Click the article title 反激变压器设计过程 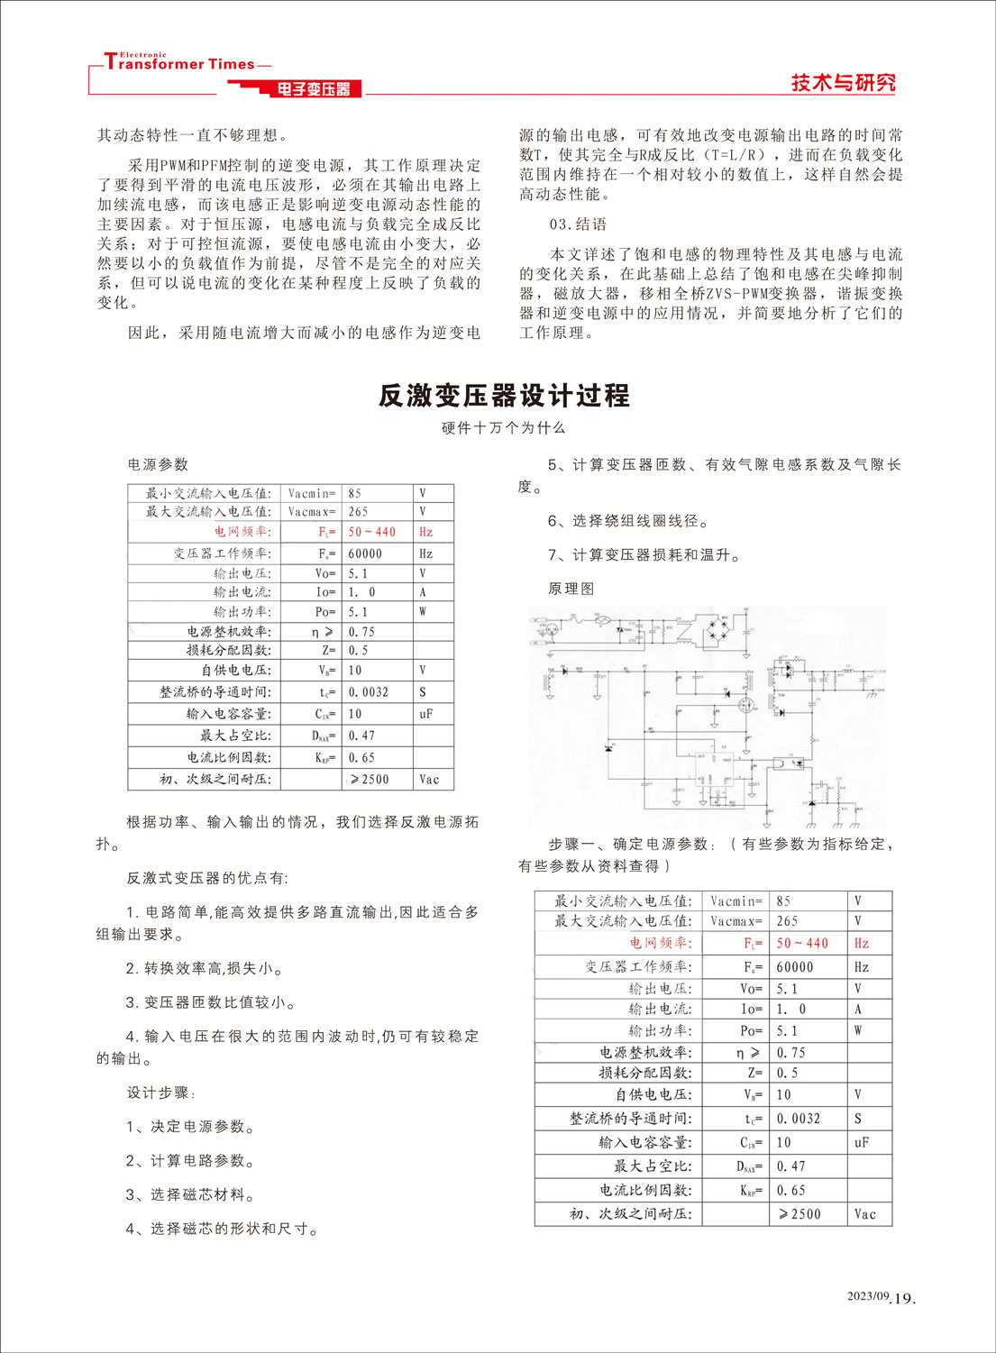[503, 396]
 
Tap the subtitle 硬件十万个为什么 [503, 428]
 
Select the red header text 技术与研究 [843, 83]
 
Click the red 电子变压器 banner [313, 89]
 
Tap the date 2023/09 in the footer [867, 1296]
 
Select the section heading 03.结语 [578, 224]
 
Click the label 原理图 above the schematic [571, 589]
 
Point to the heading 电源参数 [158, 464]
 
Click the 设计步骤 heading [160, 1092]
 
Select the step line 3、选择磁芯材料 [190, 1194]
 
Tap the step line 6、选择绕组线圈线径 [628, 521]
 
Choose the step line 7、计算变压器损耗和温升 [644, 555]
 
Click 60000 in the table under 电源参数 [365, 553]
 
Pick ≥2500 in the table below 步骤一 [800, 1214]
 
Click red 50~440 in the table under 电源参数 [371, 532]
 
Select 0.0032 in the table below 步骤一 [798, 1119]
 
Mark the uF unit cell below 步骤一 [862, 1142]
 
